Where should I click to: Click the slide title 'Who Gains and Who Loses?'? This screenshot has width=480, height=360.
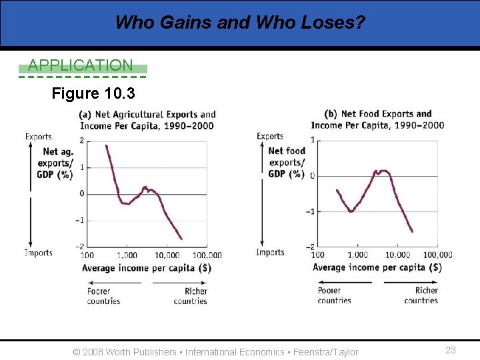point(240,23)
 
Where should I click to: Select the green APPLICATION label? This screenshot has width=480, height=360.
point(81,65)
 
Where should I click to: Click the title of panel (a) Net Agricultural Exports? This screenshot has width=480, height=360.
point(147,120)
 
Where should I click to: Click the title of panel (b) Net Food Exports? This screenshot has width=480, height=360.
point(377,119)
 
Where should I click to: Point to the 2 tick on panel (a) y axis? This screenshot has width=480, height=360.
point(81,141)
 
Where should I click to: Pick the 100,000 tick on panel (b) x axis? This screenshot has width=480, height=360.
point(437,255)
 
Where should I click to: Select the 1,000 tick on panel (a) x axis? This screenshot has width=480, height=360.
point(127,255)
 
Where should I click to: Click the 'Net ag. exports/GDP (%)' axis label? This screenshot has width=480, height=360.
point(55,163)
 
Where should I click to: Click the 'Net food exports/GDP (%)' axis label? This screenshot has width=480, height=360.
point(287,163)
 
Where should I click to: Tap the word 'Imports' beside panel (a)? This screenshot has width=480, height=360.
point(39,253)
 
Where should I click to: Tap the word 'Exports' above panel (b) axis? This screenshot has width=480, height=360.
point(269,137)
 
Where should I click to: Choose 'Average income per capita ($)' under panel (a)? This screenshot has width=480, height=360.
point(146,268)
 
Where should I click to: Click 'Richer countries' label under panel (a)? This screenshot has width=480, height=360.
point(191,296)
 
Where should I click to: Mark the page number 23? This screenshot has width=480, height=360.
point(451,350)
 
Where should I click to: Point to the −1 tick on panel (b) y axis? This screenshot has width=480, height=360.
point(311,211)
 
